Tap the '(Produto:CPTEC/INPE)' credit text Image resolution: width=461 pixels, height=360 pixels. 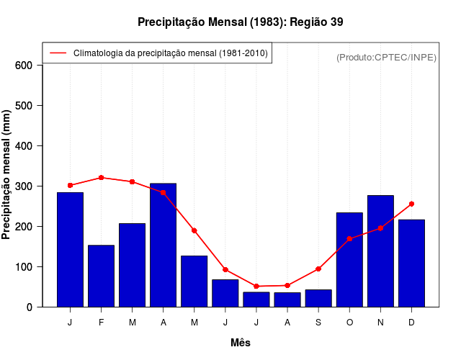[x=386, y=57]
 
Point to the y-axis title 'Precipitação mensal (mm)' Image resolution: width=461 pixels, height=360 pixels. [x=7, y=175]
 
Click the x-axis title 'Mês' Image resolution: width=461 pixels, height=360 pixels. [x=240, y=343]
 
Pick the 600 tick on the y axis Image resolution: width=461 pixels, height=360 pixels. [x=24, y=66]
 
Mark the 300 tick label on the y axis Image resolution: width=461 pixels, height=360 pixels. [x=24, y=186]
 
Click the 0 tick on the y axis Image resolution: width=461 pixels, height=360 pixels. [x=30, y=307]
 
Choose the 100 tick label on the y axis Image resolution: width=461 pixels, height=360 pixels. [x=24, y=267]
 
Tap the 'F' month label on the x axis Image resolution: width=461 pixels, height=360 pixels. [x=101, y=323]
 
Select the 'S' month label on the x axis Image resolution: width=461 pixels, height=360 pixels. [x=318, y=323]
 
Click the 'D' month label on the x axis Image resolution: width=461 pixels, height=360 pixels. [x=411, y=323]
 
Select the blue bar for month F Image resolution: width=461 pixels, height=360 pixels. [x=101, y=276]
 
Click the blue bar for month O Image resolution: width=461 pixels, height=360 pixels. [x=349, y=260]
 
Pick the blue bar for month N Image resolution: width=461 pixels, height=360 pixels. [x=380, y=251]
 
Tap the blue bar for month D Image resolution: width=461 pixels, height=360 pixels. [x=411, y=264]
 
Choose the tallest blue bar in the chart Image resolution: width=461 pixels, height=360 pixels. [x=163, y=246]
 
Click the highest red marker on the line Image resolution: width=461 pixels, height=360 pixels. [x=101, y=177]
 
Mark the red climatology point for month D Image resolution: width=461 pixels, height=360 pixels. [x=411, y=204]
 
